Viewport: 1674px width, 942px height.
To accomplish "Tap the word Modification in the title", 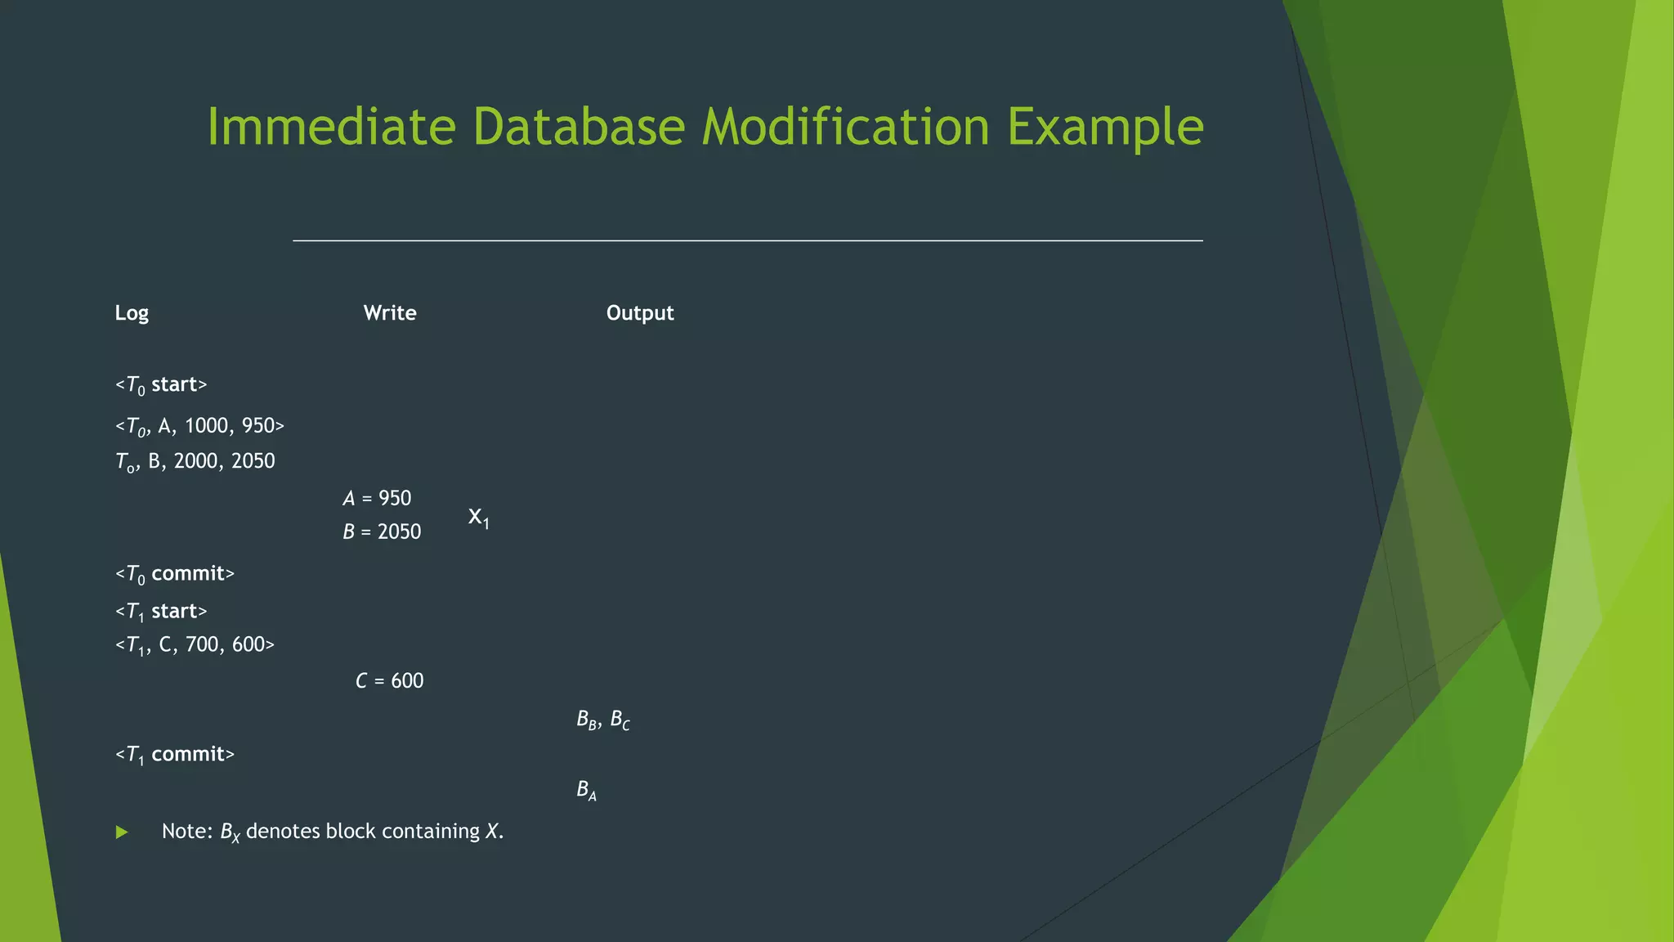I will point(845,127).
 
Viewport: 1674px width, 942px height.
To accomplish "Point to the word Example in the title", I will point(1105,128).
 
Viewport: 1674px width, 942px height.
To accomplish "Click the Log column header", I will point(132,313).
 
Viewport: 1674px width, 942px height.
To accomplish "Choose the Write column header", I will point(390,313).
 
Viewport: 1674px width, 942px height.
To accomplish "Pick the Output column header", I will point(640,313).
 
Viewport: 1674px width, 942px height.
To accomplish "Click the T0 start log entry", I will point(161,385).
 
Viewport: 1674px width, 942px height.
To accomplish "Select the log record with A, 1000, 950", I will point(199,426).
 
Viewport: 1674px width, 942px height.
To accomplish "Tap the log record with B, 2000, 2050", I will point(195,461).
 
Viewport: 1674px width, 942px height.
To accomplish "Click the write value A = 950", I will point(377,498).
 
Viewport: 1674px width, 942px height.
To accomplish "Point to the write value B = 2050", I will point(382,532).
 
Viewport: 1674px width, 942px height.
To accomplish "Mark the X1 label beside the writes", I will point(478,518).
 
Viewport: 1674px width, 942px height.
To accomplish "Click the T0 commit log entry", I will point(175,574).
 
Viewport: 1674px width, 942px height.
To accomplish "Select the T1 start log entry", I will point(161,612).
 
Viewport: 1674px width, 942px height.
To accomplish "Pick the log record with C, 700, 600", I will point(195,645).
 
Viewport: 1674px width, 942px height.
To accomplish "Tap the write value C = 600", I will point(389,681).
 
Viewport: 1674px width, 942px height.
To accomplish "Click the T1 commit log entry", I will point(175,755).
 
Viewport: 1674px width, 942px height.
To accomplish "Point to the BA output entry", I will point(586,790).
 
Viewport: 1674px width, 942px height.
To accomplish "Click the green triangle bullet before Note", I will point(122,832).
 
